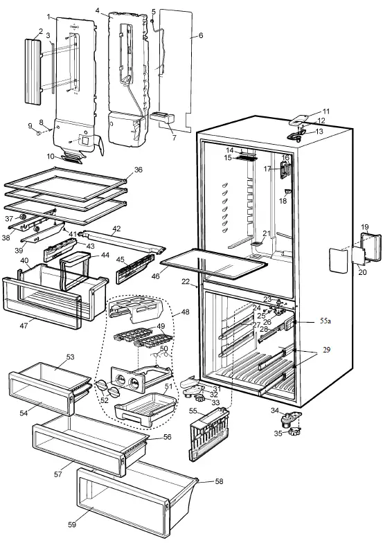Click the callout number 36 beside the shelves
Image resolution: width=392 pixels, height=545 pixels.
pos(139,170)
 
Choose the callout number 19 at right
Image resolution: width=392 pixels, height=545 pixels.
pos(365,226)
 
